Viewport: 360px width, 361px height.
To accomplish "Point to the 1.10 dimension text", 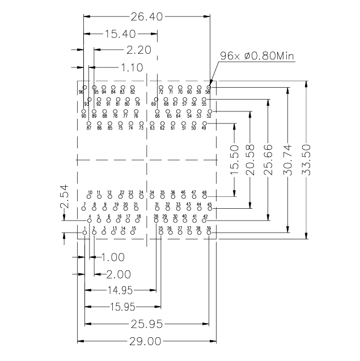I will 132,67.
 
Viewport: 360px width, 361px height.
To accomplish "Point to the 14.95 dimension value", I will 120,291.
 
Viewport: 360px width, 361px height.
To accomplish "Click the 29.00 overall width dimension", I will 146,342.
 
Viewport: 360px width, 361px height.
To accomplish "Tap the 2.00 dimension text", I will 118,274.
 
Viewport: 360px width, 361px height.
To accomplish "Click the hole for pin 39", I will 209,233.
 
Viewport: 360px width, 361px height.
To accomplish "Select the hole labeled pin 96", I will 85,87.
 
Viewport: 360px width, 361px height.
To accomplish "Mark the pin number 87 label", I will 89,128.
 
